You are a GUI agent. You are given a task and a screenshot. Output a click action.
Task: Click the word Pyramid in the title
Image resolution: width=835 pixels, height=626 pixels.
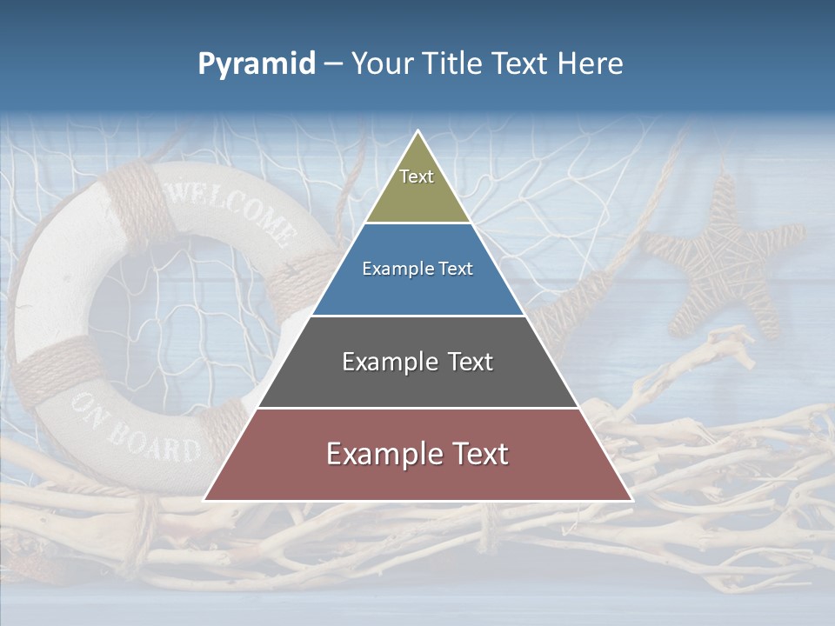coord(257,63)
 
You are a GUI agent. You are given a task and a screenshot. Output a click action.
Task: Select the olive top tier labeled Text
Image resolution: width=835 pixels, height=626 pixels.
coord(417,187)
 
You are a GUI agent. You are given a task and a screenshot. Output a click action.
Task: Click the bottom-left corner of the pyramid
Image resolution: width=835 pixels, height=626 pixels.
coord(205,500)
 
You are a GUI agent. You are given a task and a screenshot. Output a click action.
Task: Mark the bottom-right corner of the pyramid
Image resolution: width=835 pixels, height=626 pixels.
coord(631,500)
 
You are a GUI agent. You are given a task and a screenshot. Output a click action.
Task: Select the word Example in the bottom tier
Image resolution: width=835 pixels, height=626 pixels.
coord(380,455)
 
